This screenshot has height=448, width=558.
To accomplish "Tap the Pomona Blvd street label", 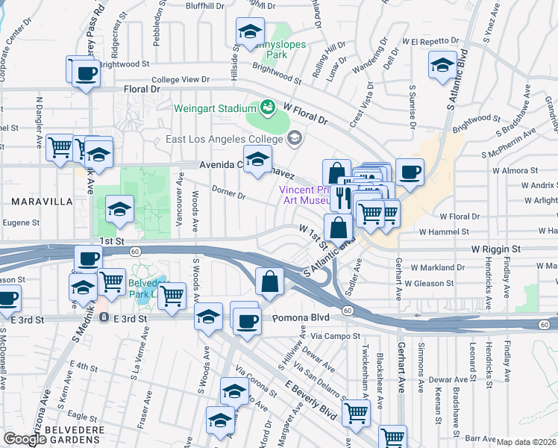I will (301, 317).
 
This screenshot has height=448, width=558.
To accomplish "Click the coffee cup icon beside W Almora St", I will (410, 172).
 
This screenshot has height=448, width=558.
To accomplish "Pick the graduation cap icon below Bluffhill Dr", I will (250, 31).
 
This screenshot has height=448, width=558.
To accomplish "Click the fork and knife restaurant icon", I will (344, 197).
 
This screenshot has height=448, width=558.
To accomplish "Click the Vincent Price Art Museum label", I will (304, 195).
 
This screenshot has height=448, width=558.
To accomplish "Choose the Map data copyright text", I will (526, 442).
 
